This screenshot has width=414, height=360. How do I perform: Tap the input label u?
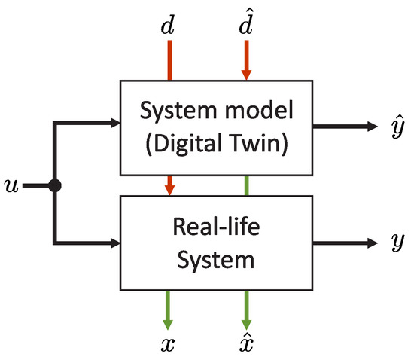(11, 185)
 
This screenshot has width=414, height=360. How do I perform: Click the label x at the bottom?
(170, 345)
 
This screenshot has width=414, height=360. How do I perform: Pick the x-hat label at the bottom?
(246, 343)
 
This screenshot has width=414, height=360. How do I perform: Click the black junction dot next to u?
(54, 185)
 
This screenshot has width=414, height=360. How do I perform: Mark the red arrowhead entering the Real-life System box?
(170, 187)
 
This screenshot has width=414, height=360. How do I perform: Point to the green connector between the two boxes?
(246, 185)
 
